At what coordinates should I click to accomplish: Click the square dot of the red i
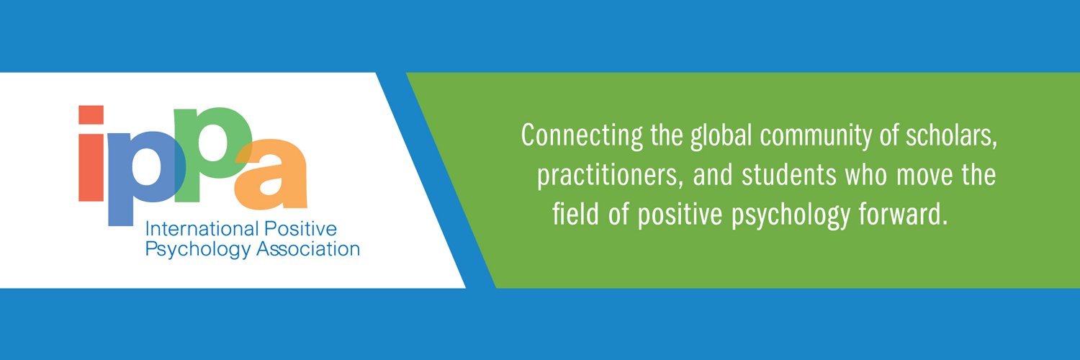click(91, 115)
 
